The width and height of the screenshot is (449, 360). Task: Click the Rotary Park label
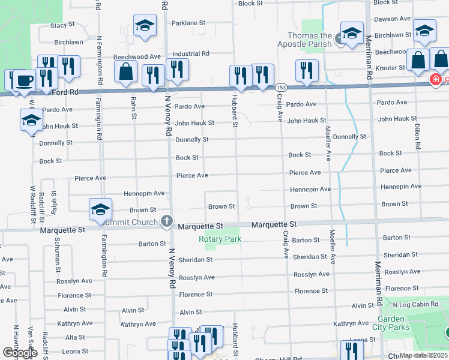[220, 239]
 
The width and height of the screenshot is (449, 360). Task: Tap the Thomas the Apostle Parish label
[304, 40]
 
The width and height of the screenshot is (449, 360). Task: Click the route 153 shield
[280, 88]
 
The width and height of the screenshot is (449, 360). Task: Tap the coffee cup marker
[24, 80]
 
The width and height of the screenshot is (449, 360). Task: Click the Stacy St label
[62, 25]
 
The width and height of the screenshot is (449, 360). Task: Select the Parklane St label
[188, 23]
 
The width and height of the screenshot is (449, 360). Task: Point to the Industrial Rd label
[190, 53]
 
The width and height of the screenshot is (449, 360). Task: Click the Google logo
[20, 353]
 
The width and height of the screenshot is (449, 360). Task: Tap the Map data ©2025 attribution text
[423, 355]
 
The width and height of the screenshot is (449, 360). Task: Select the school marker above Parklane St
[144, 27]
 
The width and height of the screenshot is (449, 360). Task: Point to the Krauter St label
[391, 68]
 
